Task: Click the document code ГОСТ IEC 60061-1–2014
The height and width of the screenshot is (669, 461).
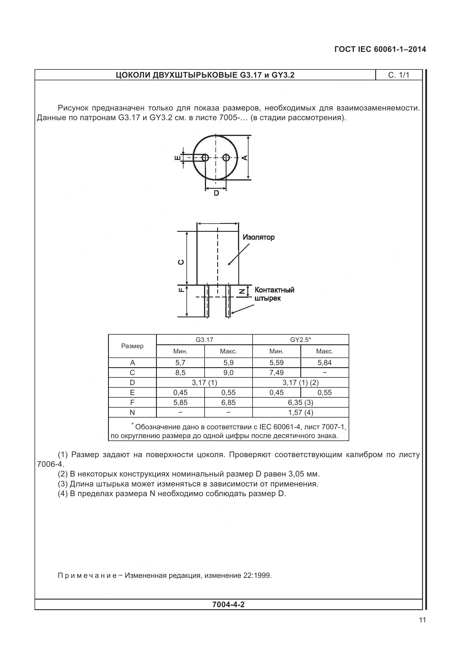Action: [x=380, y=49]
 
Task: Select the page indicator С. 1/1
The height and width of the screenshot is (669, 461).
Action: [x=399, y=75]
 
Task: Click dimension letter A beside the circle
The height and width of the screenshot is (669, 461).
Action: [x=245, y=158]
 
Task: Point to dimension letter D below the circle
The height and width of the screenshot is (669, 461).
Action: [x=216, y=193]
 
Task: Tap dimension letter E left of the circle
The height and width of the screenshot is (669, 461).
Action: [x=177, y=158]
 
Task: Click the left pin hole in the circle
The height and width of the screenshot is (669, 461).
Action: [x=205, y=158]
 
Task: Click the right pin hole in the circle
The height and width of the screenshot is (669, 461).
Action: [x=226, y=158]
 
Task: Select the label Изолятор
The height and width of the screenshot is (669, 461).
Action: [x=259, y=237]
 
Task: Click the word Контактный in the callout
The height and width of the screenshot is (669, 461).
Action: [x=274, y=290]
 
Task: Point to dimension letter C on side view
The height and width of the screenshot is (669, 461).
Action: [x=181, y=262]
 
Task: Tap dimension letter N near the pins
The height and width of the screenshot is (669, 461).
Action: [x=242, y=291]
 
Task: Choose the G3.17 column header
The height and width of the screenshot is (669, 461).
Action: [x=204, y=340]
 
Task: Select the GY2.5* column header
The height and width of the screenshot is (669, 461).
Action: [x=300, y=340]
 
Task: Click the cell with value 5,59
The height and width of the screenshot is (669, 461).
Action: [x=276, y=362]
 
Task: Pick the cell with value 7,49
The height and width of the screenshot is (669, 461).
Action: [x=276, y=372]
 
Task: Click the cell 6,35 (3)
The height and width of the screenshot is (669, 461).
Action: [x=300, y=402]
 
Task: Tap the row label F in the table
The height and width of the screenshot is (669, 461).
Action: [x=132, y=402]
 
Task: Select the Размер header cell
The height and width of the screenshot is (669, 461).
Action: [x=132, y=346]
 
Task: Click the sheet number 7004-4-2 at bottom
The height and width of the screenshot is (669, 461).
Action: [x=228, y=604]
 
